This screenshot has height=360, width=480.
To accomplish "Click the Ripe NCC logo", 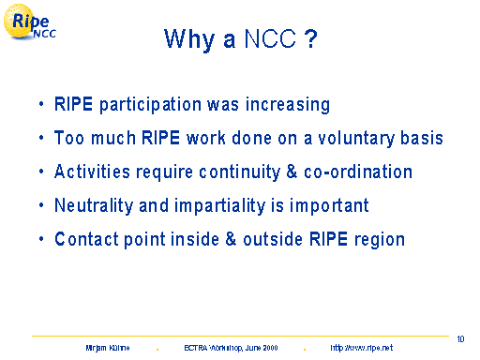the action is [x=30, y=22].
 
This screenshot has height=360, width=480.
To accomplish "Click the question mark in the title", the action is [x=310, y=38].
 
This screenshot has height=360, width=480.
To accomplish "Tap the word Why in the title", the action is [x=189, y=39].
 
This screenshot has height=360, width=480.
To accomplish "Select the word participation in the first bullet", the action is [x=150, y=105].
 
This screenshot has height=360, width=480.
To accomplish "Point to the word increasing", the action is [x=288, y=105].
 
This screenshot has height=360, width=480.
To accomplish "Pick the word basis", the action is [x=422, y=138].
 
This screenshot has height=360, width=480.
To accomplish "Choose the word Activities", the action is [x=92, y=172].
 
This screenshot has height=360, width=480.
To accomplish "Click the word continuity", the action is [x=240, y=172].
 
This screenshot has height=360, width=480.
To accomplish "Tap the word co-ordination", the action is [x=358, y=172].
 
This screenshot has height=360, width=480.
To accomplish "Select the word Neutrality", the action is [x=94, y=206].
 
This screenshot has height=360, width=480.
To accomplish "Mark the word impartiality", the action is [x=220, y=206].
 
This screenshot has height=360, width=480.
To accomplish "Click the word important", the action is [x=329, y=206].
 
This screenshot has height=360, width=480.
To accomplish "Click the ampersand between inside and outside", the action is [x=231, y=239].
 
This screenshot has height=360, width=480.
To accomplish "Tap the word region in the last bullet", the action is [x=380, y=240].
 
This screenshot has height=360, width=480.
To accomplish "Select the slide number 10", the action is [x=460, y=339].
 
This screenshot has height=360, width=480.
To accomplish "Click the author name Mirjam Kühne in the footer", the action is [x=108, y=348].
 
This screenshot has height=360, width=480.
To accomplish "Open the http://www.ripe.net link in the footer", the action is [x=362, y=348].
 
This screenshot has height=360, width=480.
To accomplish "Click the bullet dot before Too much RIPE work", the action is [x=41, y=138].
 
